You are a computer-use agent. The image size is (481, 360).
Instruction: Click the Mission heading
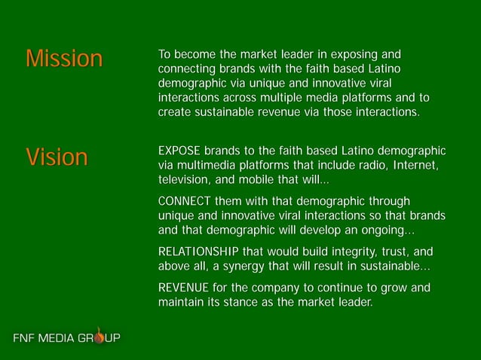[63, 59]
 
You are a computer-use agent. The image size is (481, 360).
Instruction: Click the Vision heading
[57, 157]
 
